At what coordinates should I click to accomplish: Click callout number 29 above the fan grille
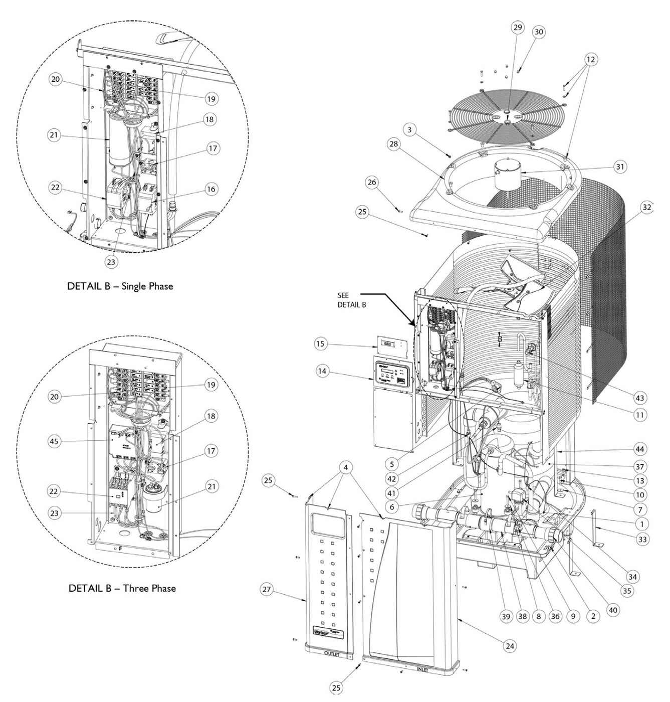[x=518, y=27]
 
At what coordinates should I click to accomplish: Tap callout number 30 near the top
[x=538, y=32]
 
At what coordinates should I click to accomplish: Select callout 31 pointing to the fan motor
[x=620, y=166]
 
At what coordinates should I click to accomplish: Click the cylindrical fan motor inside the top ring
[x=507, y=175]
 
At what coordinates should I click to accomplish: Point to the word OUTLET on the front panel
[x=331, y=654]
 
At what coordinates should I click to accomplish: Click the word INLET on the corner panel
[x=422, y=669]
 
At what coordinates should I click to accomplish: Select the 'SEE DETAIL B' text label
[x=351, y=300]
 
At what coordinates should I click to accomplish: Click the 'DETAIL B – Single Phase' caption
[x=120, y=286]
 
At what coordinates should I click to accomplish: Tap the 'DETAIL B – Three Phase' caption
[x=122, y=588]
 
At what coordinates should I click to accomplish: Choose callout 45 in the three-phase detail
[x=55, y=441]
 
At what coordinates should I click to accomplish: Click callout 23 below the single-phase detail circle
[x=111, y=261]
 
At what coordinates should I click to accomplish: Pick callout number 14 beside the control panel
[x=323, y=371]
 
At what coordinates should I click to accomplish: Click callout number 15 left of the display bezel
[x=321, y=344]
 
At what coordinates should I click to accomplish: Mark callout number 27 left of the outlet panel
[x=267, y=589]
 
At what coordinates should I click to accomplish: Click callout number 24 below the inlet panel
[x=510, y=646]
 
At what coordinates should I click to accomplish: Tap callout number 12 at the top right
[x=591, y=59]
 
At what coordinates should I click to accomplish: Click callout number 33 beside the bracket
[x=642, y=539]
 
